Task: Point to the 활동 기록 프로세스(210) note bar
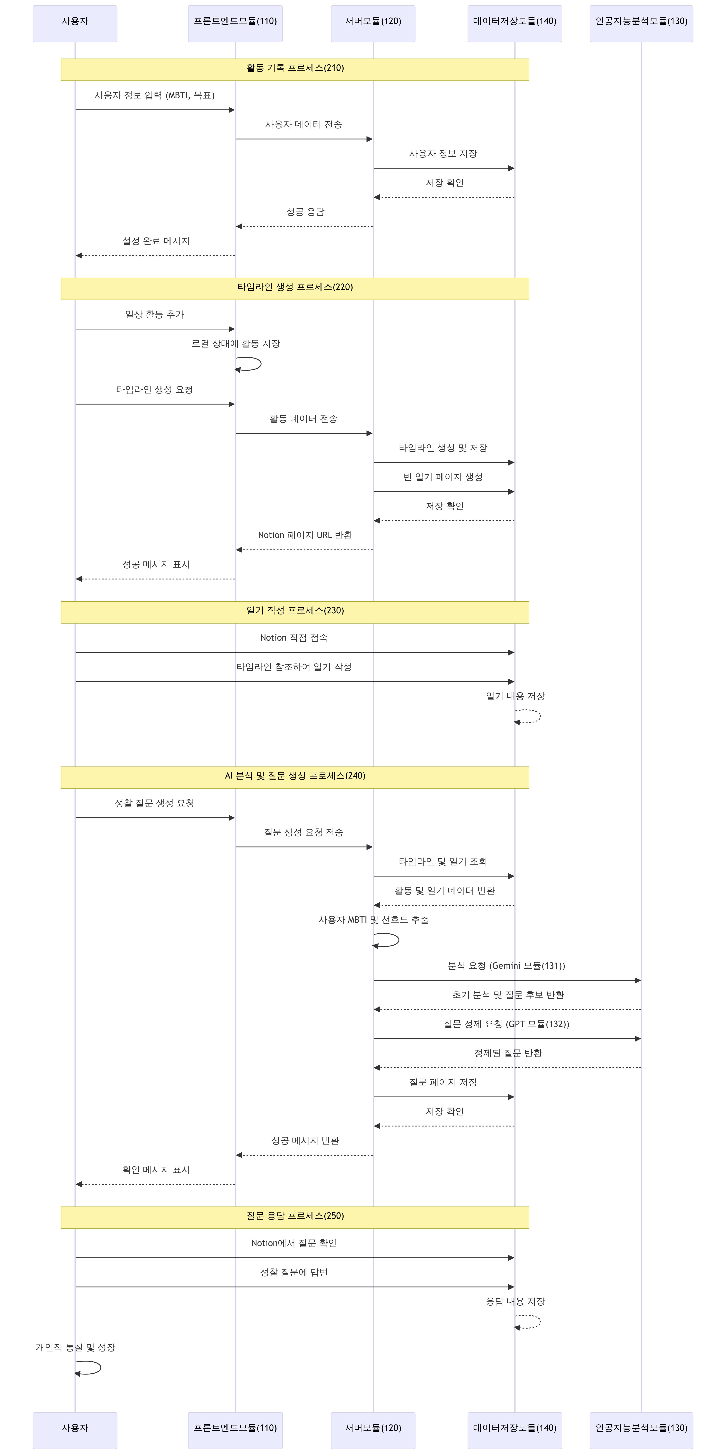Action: pyautogui.click(x=295, y=69)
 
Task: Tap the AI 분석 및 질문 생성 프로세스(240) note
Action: pyautogui.click(x=295, y=777)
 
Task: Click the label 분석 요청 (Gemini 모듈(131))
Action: pyautogui.click(x=506, y=966)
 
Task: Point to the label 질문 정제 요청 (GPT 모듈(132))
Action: pyautogui.click(x=506, y=1024)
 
